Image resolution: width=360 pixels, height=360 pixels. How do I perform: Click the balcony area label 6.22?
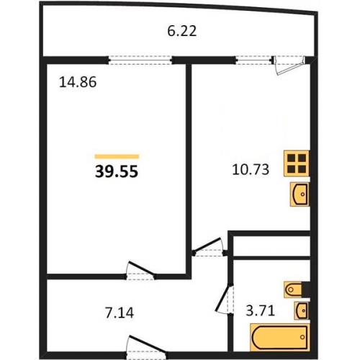(182, 31)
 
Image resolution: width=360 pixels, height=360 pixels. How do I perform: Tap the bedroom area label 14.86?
(78, 82)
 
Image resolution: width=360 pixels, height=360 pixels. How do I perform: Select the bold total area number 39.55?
(117, 172)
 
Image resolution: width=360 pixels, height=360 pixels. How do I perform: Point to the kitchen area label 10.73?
(251, 170)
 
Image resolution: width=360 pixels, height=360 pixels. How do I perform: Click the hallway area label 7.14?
(120, 312)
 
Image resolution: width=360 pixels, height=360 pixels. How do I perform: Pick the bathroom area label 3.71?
(261, 311)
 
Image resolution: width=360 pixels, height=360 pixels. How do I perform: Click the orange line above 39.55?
(117, 156)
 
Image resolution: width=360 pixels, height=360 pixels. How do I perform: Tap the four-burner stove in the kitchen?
(297, 163)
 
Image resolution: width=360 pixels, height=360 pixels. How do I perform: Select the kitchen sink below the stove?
(300, 194)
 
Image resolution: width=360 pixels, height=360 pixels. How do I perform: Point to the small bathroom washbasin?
(302, 310)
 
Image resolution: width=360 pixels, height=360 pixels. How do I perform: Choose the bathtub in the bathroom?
(280, 338)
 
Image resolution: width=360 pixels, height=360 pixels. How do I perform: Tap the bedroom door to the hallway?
(140, 271)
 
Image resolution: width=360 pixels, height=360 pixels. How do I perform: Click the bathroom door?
(224, 298)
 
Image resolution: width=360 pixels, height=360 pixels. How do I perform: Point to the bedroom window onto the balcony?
(140, 60)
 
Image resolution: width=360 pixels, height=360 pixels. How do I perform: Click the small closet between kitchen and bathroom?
(271, 246)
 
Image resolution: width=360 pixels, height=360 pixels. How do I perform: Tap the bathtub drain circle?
(302, 337)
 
